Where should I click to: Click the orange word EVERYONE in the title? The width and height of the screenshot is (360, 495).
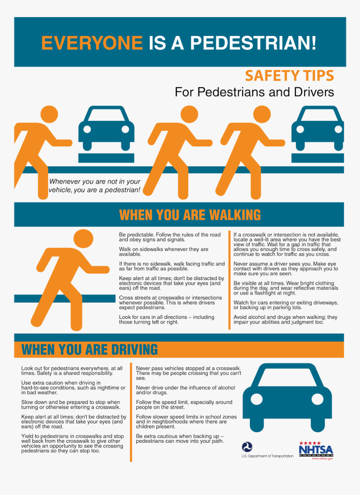pos(92,43)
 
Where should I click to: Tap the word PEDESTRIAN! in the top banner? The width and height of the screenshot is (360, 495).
pos(253,43)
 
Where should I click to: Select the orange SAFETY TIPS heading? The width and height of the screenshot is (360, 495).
pos(289,76)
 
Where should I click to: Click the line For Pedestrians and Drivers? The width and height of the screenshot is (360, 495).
pos(254,92)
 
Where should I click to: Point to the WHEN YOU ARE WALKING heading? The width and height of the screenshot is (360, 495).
pos(190,215)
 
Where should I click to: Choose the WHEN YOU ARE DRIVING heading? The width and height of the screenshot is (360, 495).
pos(89,349)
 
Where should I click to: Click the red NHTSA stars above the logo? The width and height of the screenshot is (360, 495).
pos(310,443)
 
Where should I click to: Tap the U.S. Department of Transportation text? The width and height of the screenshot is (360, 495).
pos(267,456)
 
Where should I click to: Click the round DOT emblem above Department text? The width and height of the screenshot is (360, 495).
pos(247,447)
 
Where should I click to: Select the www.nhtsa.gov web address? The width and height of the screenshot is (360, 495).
pos(322,458)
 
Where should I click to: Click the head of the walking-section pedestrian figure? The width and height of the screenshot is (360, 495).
pos(83,239)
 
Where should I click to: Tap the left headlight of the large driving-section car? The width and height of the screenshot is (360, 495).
pos(257,399)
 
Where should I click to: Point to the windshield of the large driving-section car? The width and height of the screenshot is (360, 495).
pos(287,378)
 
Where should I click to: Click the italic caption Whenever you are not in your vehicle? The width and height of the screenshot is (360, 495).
pos(95,186)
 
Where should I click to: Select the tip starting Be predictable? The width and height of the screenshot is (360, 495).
pos(170,237)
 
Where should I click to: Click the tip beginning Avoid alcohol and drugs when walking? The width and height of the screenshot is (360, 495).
pos(285,320)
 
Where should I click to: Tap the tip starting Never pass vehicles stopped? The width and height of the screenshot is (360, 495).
pos(188,373)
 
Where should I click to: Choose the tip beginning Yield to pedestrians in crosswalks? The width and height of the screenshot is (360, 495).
pos(72,444)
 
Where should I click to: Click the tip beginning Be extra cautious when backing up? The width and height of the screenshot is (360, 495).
pos(180,439)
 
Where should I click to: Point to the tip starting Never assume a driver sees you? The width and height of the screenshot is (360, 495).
pos(285,269)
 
